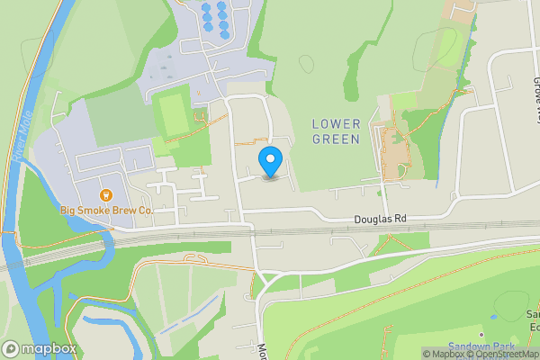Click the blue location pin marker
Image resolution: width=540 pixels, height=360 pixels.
pos(270,162)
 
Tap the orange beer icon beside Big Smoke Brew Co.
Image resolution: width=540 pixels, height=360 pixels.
pos(105,194)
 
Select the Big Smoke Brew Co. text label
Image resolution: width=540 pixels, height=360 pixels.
pos(107,211)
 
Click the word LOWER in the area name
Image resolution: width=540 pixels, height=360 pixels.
pos(336,123)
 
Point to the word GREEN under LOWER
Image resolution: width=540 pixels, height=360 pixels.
pos(337,139)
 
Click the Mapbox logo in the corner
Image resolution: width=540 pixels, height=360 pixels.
pos(39,348)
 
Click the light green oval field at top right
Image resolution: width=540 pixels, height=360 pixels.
pos(447,46)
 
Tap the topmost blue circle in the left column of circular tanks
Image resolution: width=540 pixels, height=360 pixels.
pos(206,8)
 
